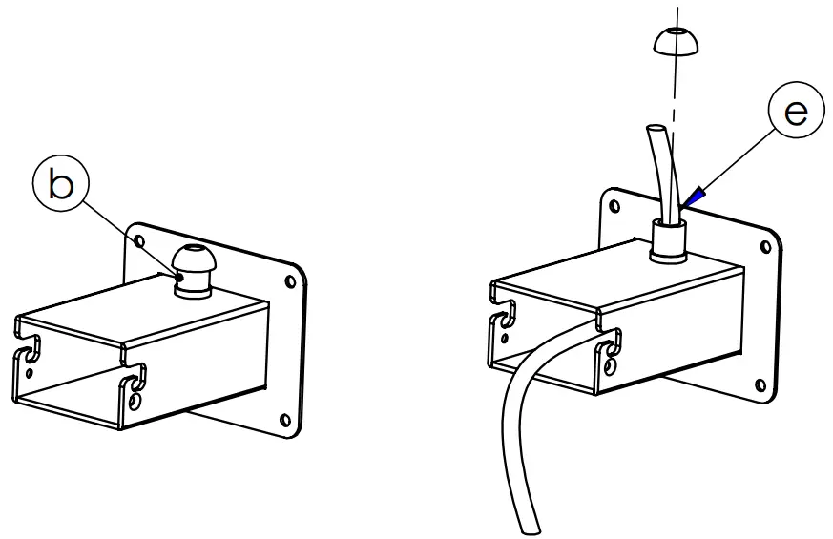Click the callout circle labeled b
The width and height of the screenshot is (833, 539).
(x=59, y=186)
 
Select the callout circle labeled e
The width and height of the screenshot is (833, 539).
(x=794, y=114)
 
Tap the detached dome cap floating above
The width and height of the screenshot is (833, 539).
(x=677, y=40)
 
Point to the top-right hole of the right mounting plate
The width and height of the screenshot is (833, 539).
(x=764, y=246)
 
